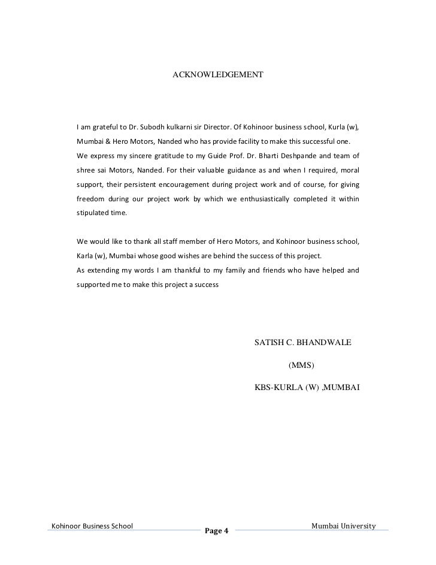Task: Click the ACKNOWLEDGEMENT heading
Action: pyautogui.click(x=217, y=75)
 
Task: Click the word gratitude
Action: pyautogui.click(x=165, y=156)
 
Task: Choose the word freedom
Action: pyautogui.click(x=91, y=198)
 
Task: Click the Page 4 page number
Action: pyautogui.click(x=217, y=531)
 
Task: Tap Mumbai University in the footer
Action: pyautogui.click(x=343, y=526)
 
